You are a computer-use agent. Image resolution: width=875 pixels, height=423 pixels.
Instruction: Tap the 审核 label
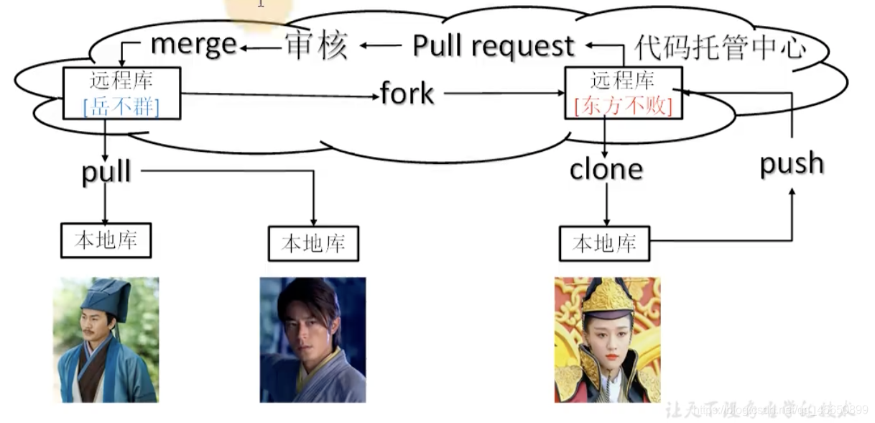(317, 45)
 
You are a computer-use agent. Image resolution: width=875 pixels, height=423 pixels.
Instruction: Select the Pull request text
(494, 45)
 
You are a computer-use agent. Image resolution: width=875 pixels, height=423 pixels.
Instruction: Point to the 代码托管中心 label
(720, 47)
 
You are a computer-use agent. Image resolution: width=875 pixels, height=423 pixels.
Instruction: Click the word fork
(407, 94)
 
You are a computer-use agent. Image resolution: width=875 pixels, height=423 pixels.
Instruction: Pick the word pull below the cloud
(106, 172)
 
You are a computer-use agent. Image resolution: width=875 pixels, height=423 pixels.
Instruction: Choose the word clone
(606, 169)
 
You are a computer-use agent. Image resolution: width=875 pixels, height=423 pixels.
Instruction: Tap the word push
(792, 163)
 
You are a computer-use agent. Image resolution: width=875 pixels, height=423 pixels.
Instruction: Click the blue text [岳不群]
(121, 106)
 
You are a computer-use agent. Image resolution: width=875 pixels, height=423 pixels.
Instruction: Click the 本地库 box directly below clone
(604, 243)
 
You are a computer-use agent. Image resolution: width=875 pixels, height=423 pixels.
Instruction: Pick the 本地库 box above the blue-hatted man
(106, 240)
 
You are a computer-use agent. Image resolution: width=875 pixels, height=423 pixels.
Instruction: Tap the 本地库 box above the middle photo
(313, 243)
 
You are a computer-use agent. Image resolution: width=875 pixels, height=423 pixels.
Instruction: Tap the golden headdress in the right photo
(608, 296)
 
